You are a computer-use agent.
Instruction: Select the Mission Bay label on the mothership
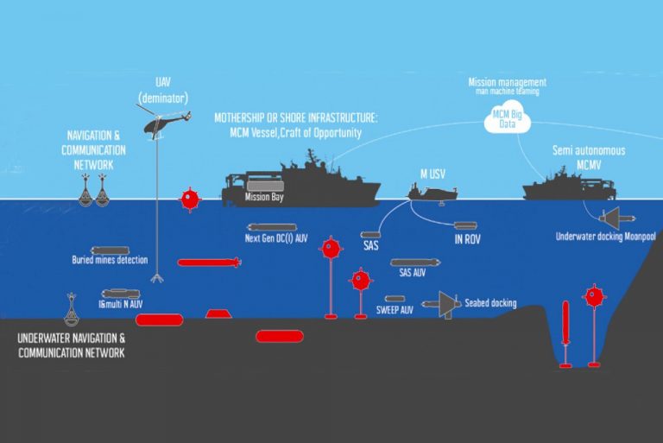coord(263,197)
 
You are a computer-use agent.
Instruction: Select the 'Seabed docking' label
coord(490,303)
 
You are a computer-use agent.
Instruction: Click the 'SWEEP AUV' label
coord(395,309)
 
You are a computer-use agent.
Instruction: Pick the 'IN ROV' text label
coord(467,239)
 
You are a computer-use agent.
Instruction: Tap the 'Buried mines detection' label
coord(110,259)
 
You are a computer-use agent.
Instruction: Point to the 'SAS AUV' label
coord(413,273)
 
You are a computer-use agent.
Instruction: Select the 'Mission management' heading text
coord(507,83)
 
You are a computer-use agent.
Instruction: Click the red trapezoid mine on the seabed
coord(218,312)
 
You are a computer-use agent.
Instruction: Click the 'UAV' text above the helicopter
coord(159,79)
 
